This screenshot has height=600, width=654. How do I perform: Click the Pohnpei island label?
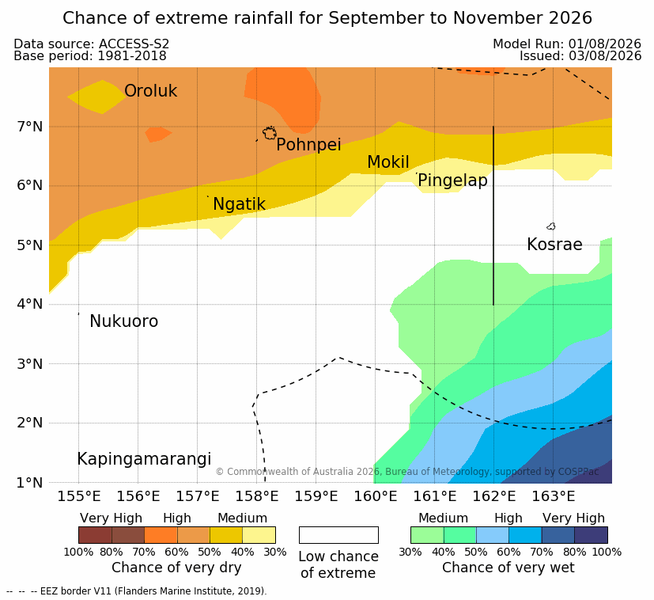(x=308, y=145)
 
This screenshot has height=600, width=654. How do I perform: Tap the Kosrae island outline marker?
(x=551, y=226)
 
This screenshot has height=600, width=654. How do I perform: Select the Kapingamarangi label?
(x=144, y=459)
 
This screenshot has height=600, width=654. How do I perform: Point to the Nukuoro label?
(x=124, y=321)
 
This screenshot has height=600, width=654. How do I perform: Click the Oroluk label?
(x=150, y=91)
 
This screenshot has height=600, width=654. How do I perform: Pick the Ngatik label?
(x=239, y=204)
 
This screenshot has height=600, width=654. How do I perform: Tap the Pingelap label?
(x=452, y=180)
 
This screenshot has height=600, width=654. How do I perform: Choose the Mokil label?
(x=388, y=162)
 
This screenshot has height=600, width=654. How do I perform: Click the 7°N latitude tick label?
(x=30, y=127)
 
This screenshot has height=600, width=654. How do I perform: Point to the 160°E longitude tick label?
(x=376, y=496)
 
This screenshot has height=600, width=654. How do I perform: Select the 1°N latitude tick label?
(x=30, y=483)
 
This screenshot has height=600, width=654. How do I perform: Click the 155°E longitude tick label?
(x=79, y=496)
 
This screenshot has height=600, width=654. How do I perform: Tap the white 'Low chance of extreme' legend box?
(x=338, y=535)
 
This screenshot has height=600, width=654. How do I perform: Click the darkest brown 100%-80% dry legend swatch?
(x=95, y=535)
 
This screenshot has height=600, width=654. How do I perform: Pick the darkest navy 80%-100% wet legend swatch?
(x=591, y=535)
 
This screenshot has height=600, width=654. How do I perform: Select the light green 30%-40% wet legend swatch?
(x=427, y=535)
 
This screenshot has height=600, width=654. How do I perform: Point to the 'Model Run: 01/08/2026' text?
(x=567, y=44)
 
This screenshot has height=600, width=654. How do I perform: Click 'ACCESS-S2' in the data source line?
(x=134, y=44)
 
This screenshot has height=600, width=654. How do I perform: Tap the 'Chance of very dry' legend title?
(x=176, y=568)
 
